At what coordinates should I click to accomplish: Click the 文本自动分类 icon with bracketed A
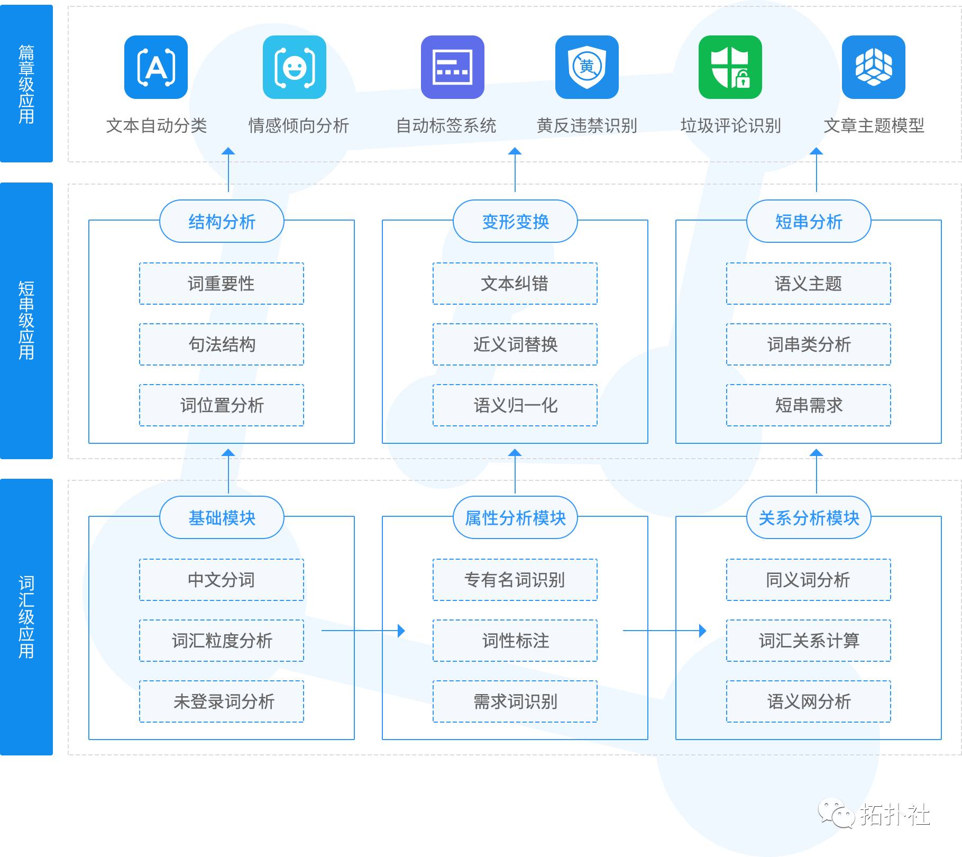(x=156, y=67)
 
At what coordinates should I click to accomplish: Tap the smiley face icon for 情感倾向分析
(x=294, y=67)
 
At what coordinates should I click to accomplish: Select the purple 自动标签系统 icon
(x=452, y=67)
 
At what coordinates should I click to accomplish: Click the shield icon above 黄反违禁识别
(x=587, y=67)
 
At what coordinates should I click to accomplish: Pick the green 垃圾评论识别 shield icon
(x=730, y=67)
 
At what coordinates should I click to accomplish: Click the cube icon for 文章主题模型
(x=873, y=67)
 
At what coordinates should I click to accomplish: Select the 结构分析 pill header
(x=222, y=221)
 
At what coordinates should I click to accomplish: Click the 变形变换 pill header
(x=515, y=221)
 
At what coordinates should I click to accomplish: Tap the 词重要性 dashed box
(x=222, y=284)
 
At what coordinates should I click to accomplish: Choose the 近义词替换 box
(x=515, y=344)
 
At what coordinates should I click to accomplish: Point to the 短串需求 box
(x=808, y=405)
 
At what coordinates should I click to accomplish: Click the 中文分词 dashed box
(x=222, y=580)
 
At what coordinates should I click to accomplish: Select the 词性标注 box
(x=515, y=641)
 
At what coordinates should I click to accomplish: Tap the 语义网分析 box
(x=808, y=701)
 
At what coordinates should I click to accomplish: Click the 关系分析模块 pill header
(x=808, y=517)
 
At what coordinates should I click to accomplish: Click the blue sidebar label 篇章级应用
(x=26, y=84)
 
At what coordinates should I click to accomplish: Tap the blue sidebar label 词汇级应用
(x=26, y=617)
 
